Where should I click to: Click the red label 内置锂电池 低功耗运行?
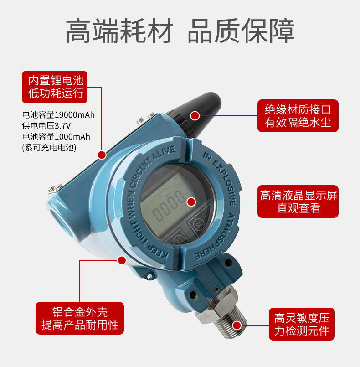coord(55,87)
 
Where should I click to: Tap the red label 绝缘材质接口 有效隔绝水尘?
coord(298,116)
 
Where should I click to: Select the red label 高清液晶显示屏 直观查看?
coord(298,202)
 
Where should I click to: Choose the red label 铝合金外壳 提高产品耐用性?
coord(80,318)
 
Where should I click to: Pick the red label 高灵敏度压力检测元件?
coord(302,324)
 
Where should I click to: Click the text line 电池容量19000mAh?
coord(58,115)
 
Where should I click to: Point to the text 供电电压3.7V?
coord(46,126)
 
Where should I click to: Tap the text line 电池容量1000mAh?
coord(56,136)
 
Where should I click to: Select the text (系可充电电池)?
coord(49,147)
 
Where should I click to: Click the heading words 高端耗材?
coord(119,31)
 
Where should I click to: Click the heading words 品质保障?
coord(241,31)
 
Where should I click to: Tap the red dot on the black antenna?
coord(195,116)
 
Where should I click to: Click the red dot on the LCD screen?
coord(191,202)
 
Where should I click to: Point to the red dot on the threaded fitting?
coord(237,326)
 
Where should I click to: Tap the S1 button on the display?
coord(180,240)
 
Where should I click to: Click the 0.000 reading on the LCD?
coord(168,206)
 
